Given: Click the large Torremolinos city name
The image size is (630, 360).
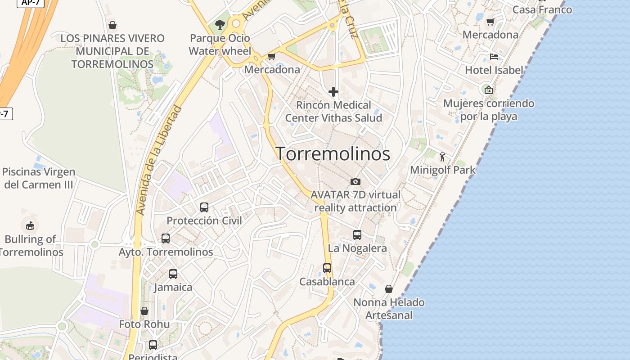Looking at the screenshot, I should click(x=333, y=154).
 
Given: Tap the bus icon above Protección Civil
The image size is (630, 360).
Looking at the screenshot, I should click(x=204, y=207).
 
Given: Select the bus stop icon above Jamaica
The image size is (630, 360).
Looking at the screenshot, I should click(x=173, y=274).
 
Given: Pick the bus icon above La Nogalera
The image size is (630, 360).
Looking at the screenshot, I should click(x=357, y=235).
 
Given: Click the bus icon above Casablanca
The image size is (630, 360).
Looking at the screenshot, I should click(x=327, y=268).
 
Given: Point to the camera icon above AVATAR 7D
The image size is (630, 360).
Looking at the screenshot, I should click(x=355, y=181).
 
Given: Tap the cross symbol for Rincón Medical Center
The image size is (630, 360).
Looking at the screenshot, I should click(x=333, y=92).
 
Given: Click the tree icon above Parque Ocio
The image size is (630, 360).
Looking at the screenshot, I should click(x=220, y=24).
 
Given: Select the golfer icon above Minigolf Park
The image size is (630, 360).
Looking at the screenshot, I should click(x=442, y=157).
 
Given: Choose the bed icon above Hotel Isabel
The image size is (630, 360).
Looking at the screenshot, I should click(x=494, y=57).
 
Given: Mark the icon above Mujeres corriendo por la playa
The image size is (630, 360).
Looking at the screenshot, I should click(x=489, y=90).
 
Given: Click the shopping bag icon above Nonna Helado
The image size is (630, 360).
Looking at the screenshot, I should click(x=389, y=289).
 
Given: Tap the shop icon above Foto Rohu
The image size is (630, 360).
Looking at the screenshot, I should click(x=144, y=311).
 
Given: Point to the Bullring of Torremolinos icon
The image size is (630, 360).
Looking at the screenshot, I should click(x=30, y=225).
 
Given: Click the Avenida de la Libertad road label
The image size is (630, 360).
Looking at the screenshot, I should click(x=159, y=160).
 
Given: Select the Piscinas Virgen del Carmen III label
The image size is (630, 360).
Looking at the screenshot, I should click(x=39, y=178).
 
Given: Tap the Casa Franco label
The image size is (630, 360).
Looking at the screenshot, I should click(x=542, y=9).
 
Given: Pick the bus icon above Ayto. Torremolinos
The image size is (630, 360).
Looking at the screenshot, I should click(x=166, y=238).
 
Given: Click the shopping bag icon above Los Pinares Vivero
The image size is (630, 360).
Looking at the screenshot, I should click(x=112, y=25).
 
